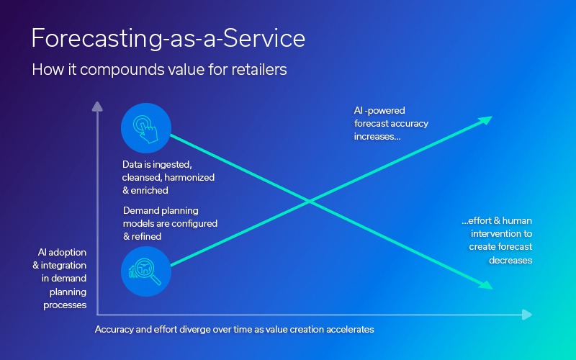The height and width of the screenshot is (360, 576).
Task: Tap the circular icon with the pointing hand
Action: pyautogui.click(x=146, y=128)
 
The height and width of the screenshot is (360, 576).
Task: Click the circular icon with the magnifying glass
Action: pyautogui.click(x=146, y=271)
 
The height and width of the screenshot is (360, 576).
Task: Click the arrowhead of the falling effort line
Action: pyautogui.click(x=486, y=286)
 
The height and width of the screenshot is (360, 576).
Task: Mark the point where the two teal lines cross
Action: pyautogui.click(x=310, y=202)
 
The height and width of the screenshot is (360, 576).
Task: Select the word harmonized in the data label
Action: pyautogui.click(x=191, y=177)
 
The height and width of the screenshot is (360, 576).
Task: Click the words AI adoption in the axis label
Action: pyautogui.click(x=62, y=253)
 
